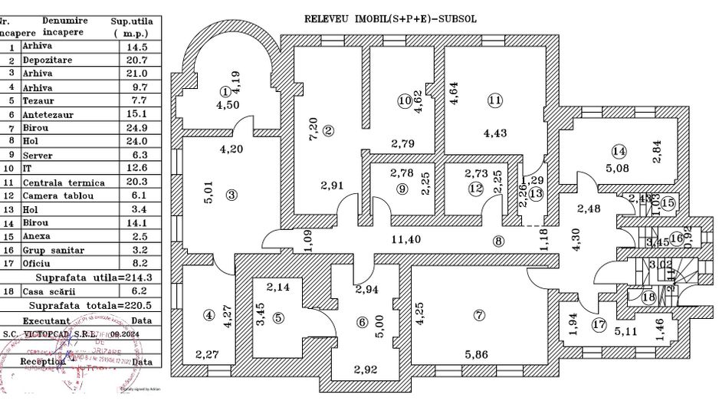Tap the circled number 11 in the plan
point(494,100)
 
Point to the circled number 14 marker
point(619,151)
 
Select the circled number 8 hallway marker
point(499,241)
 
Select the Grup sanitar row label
point(54,250)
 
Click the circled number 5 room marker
point(277,317)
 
